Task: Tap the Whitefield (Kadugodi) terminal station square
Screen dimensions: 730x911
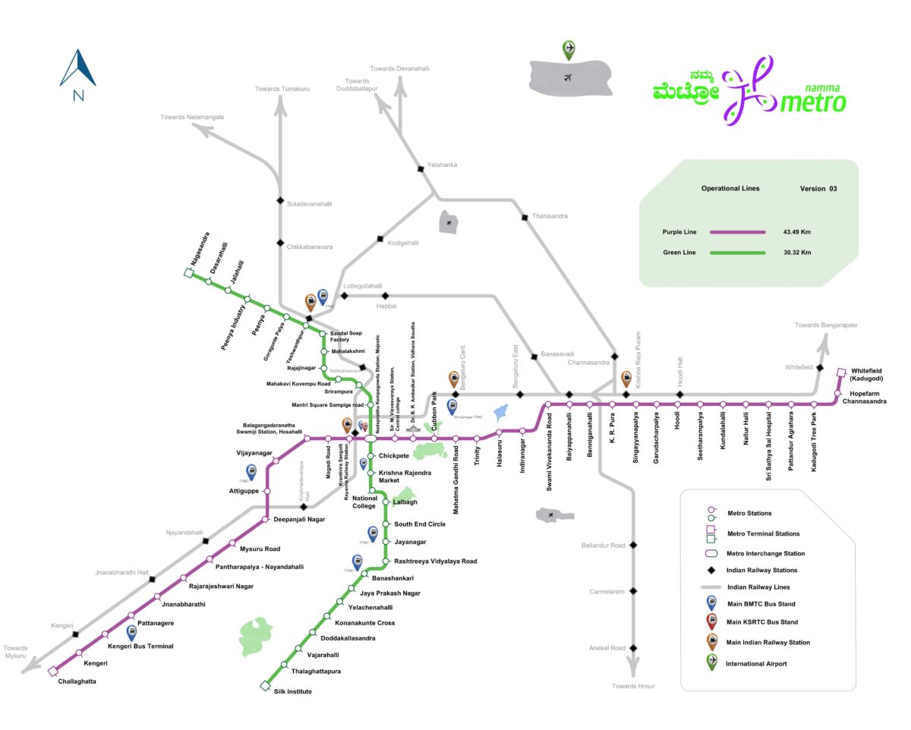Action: click(x=841, y=373)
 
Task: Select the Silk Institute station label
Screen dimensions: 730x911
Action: click(x=292, y=691)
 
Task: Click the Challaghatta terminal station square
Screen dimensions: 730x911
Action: click(x=52, y=671)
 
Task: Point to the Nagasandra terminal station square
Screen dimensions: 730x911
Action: click(x=188, y=273)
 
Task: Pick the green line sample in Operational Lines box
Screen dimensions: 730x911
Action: click(x=736, y=252)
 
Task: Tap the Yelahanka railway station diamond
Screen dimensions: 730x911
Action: click(x=419, y=168)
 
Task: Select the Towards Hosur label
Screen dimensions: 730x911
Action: click(x=633, y=686)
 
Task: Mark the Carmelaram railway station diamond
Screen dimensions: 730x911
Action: click(x=632, y=591)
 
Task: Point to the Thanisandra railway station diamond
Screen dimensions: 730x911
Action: click(x=525, y=218)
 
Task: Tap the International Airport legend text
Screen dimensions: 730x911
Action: click(x=756, y=663)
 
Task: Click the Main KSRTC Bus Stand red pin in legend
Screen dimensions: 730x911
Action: click(x=711, y=621)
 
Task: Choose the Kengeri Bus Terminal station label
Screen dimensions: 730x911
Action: click(x=140, y=647)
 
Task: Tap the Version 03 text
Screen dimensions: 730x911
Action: click(x=818, y=188)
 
